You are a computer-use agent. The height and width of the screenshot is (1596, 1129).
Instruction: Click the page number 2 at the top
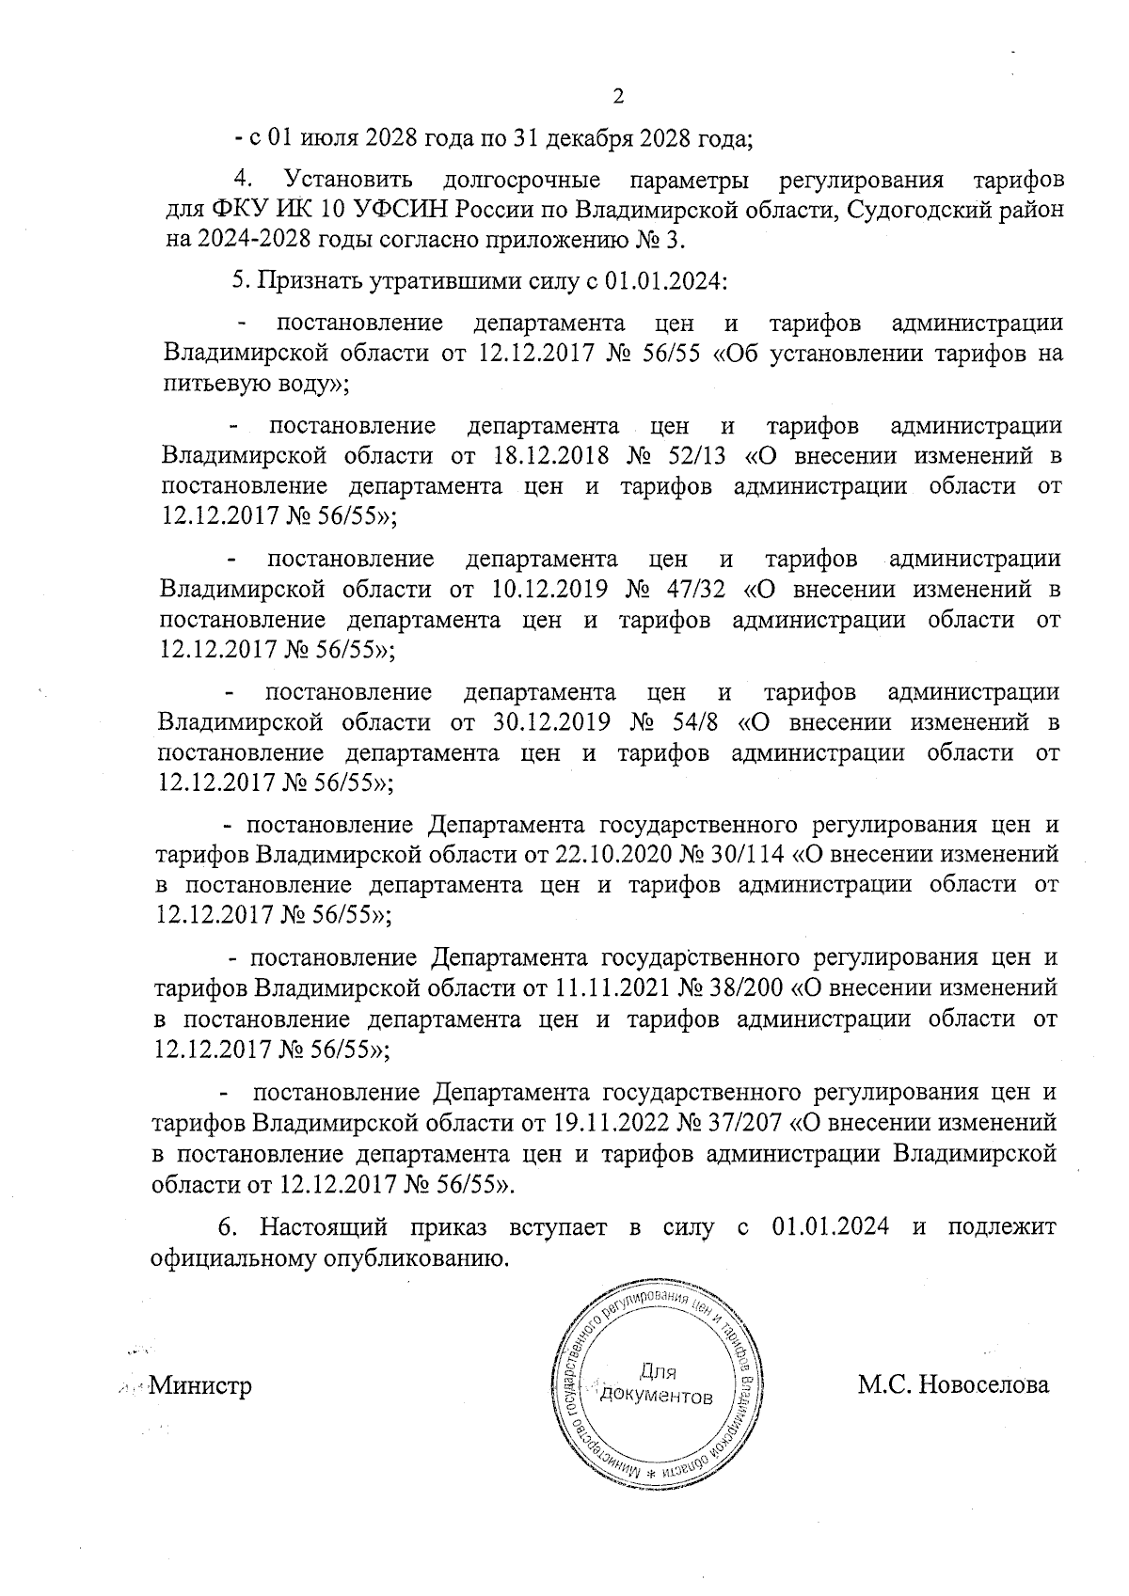click(x=618, y=96)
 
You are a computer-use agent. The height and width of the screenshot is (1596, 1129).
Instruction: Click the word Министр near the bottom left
click(x=201, y=1385)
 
